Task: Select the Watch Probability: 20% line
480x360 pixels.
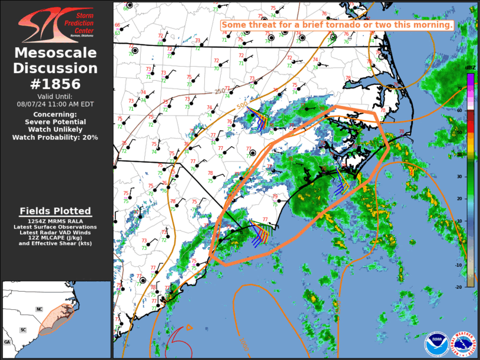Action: pyautogui.click(x=55, y=137)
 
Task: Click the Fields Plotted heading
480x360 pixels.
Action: pyautogui.click(x=55, y=211)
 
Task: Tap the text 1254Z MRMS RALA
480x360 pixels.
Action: pyautogui.click(x=55, y=220)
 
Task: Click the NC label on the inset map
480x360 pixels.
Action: pyautogui.click(x=39, y=309)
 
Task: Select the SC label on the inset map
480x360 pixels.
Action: pyautogui.click(x=24, y=329)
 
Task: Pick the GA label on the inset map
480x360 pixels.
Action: pyautogui.click(x=7, y=342)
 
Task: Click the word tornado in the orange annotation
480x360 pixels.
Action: pyautogui.click(x=367, y=25)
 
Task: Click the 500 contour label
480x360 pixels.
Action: pyautogui.click(x=242, y=107)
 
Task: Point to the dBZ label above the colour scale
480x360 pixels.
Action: pyautogui.click(x=470, y=68)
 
